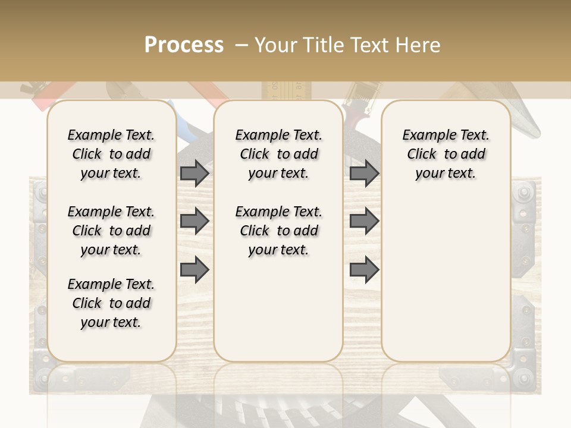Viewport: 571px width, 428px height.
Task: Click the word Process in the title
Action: coord(184,45)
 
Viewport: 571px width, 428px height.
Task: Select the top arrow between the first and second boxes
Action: coord(194,173)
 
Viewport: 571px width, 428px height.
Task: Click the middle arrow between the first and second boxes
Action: coord(194,221)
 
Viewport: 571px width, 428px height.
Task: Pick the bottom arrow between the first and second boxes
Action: coord(194,269)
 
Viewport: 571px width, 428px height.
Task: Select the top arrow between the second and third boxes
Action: coord(364,173)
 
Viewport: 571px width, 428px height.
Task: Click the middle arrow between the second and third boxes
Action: coord(364,221)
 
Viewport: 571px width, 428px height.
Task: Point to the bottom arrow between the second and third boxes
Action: coord(364,269)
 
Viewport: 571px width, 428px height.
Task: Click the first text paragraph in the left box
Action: coord(111,154)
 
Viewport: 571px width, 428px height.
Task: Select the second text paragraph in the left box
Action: coord(111,231)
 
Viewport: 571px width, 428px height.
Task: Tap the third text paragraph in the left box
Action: coord(111,303)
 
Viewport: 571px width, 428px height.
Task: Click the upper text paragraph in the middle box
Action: coord(278,154)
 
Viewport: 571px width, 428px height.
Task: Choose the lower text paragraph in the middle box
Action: coord(278,231)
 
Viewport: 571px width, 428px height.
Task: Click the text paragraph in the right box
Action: coord(445,154)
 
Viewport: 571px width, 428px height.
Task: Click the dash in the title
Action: coord(241,45)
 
